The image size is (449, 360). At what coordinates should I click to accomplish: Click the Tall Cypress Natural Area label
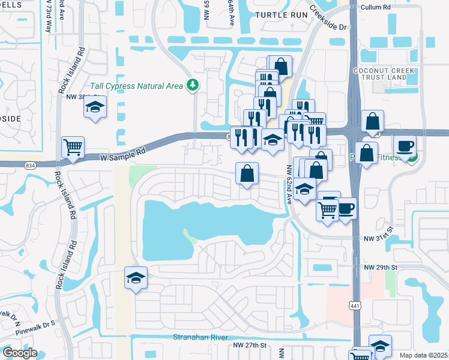tap(137, 86)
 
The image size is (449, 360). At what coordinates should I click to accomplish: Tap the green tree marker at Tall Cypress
tap(193, 86)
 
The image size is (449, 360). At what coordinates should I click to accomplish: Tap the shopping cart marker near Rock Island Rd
tap(73, 146)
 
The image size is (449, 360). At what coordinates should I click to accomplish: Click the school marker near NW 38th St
tap(95, 107)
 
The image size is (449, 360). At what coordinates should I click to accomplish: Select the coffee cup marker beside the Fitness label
tap(405, 146)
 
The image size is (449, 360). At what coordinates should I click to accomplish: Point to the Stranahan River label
tap(201, 337)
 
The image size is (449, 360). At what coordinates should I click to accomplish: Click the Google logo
tap(20, 353)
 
